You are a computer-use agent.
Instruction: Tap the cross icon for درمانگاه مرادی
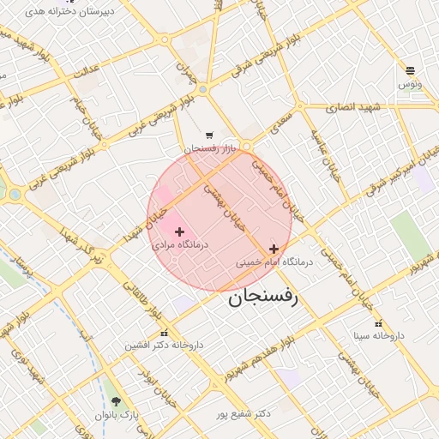(x=179, y=232)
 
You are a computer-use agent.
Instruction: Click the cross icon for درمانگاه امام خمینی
(x=274, y=249)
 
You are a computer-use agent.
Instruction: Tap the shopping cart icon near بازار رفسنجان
(x=209, y=135)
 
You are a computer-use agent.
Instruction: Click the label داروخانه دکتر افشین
(x=164, y=345)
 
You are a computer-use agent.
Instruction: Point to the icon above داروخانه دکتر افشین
(x=164, y=333)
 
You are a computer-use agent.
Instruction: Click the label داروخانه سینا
(x=377, y=336)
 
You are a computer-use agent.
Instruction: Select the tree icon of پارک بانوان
(x=116, y=401)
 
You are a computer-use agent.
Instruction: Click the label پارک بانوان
(x=116, y=415)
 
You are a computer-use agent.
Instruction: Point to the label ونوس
(x=410, y=84)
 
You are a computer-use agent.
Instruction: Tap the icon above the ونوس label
(x=410, y=70)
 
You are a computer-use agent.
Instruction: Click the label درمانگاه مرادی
(x=175, y=245)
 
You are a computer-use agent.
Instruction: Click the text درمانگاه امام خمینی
(x=274, y=262)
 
